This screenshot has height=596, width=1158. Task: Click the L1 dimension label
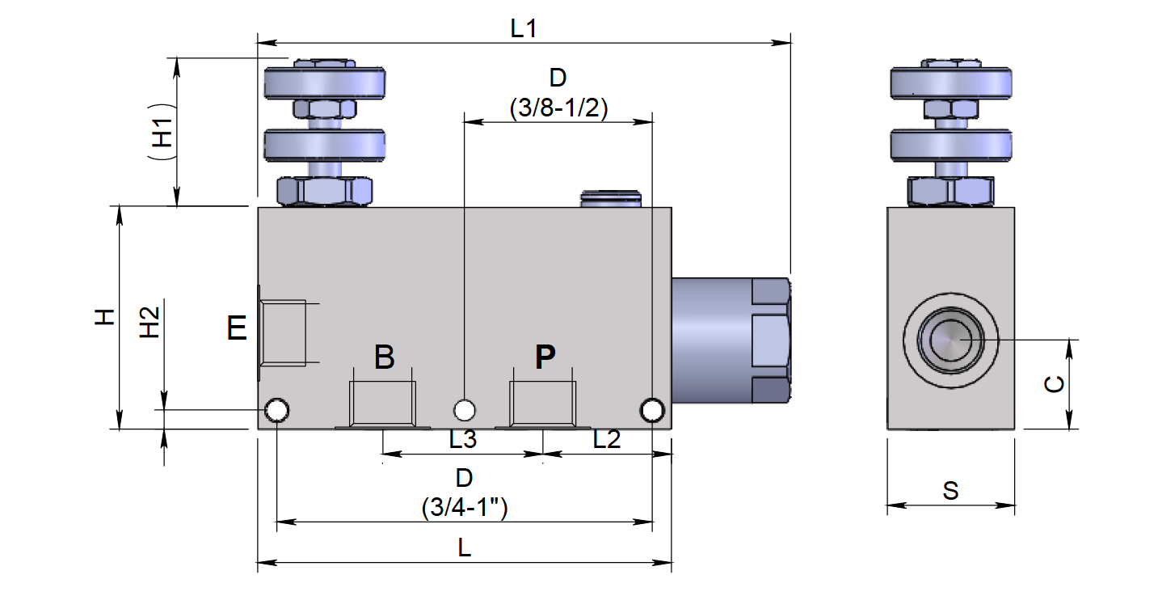(x=524, y=28)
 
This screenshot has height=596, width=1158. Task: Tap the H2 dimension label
(x=151, y=323)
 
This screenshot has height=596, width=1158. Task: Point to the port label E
(x=237, y=329)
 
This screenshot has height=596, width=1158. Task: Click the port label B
(x=385, y=357)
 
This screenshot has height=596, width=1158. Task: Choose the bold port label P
(x=546, y=357)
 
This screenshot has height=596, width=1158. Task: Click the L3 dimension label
(x=463, y=440)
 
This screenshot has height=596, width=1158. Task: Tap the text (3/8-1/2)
(x=558, y=108)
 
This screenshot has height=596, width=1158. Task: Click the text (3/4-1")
(x=464, y=508)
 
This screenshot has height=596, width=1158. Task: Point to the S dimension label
(x=951, y=491)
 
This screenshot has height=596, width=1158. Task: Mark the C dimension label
(x=1054, y=385)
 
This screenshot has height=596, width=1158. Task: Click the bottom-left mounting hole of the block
(x=277, y=411)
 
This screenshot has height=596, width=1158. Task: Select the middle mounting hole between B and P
(x=465, y=410)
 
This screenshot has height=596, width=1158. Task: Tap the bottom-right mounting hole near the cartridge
(x=652, y=411)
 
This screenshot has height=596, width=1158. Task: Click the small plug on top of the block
(x=612, y=198)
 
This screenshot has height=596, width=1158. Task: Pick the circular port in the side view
(x=951, y=339)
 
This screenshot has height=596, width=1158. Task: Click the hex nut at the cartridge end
(x=770, y=340)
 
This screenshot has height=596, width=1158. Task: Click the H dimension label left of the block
(x=104, y=317)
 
